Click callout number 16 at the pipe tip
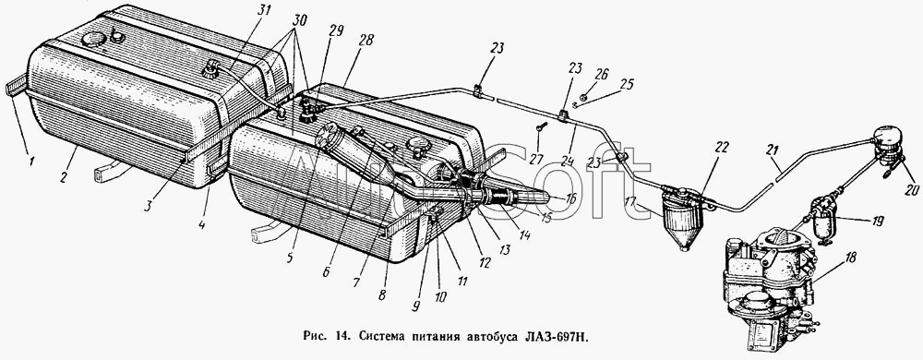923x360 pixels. point(569,198)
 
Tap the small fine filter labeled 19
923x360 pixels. point(821,221)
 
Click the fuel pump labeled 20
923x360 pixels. point(888,145)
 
